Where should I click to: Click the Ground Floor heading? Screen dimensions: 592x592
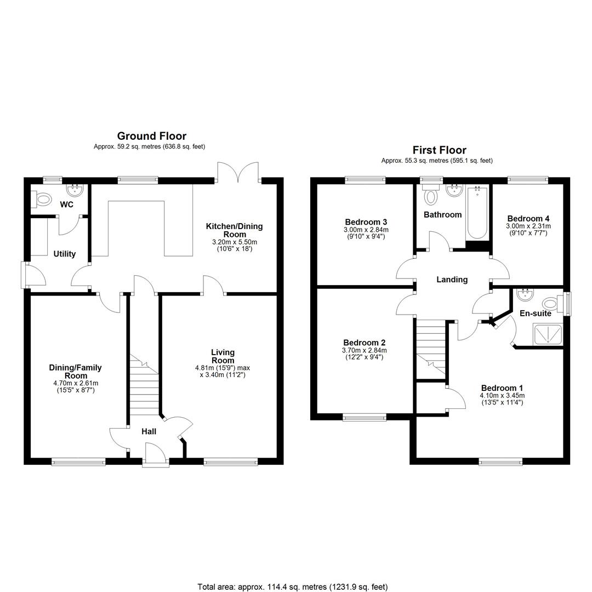pos(151,136)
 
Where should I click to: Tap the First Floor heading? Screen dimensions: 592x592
pos(439,150)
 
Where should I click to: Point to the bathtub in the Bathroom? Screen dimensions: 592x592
pos(477,212)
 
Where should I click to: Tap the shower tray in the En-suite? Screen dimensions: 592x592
pos(548,334)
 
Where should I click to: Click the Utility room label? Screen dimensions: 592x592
pos(65,254)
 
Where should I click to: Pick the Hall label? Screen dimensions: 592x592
pos(149,431)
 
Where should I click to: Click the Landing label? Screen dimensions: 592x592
pos(452,280)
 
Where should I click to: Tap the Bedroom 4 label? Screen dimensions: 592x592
pos(528,218)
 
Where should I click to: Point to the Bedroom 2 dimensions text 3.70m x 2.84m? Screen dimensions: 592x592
pos(365,350)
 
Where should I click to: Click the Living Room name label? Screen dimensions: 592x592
pos(223,356)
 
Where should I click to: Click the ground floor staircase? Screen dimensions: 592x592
pos(144,390)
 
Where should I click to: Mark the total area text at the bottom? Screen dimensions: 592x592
pos(293,587)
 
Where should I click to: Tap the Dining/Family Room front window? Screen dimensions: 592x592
pos(78,462)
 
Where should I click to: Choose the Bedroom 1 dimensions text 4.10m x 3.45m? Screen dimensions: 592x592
pos(502,396)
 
